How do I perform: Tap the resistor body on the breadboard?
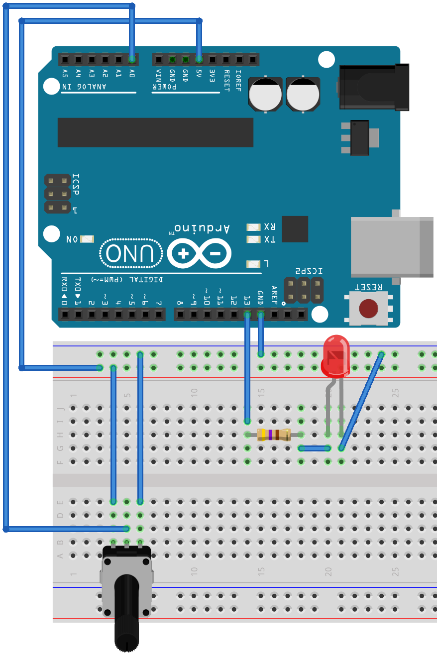tap(273, 435)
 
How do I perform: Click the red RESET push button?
tap(368, 309)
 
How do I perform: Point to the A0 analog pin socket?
tap(132, 60)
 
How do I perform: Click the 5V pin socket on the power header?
tap(199, 60)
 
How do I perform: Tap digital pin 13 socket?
tap(247, 315)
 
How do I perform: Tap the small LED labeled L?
tap(253, 264)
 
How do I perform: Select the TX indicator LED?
tap(253, 239)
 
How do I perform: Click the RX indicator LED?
tap(253, 227)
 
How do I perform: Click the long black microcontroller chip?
tap(155, 132)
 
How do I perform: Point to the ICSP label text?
tap(76, 184)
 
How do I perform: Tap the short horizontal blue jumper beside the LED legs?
tap(315, 448)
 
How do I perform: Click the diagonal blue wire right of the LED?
tap(361, 401)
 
